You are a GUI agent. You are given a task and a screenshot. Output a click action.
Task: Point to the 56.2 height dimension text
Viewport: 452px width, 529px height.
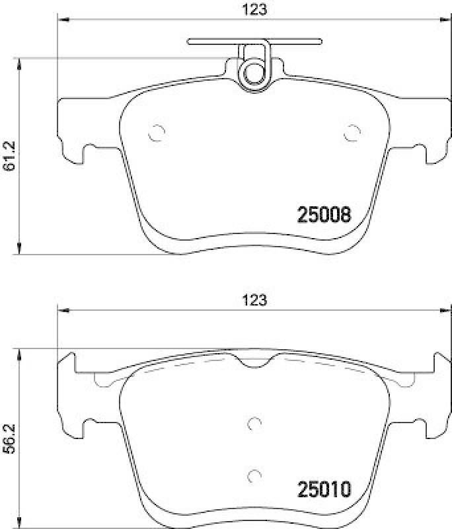[9, 439]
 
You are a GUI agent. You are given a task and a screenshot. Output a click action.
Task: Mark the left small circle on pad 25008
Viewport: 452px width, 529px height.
[157, 133]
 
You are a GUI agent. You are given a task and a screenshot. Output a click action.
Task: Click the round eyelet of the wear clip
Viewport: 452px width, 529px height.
[253, 73]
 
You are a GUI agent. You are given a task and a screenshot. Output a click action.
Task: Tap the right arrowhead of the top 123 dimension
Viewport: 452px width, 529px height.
[445, 19]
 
